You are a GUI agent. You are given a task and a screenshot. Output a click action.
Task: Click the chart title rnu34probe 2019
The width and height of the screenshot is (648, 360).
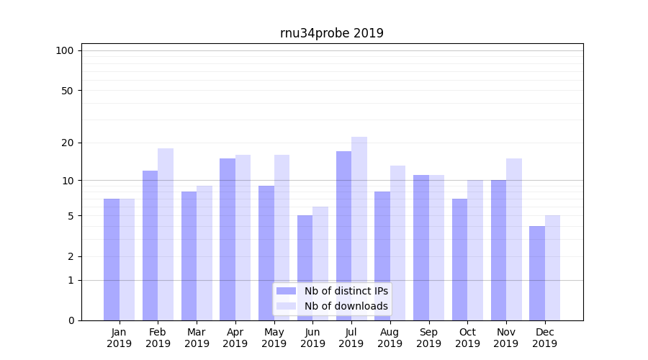point(331,33)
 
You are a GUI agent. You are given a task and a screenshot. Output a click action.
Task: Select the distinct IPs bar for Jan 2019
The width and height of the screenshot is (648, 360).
point(112,259)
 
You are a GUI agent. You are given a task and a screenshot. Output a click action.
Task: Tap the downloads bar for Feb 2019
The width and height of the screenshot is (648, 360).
point(166,234)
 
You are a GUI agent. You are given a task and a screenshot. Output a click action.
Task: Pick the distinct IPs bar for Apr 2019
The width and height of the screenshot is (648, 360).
point(228,239)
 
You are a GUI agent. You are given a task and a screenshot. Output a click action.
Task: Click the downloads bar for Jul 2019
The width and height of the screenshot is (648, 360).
point(359,228)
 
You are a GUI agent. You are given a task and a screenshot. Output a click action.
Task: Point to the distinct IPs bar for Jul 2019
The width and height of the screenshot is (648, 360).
point(343,235)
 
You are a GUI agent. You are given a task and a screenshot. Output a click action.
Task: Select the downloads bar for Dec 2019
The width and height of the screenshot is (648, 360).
point(552,268)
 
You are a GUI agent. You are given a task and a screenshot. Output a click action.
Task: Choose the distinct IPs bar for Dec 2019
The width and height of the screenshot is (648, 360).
point(537,273)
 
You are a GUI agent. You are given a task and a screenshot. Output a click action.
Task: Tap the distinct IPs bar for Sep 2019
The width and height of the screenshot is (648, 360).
point(421,248)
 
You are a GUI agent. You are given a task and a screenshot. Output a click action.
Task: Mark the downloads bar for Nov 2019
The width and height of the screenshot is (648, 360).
point(514,239)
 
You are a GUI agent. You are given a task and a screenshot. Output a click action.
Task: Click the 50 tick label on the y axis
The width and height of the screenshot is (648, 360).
point(67,91)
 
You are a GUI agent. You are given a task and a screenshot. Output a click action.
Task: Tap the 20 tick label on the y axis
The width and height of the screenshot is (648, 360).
point(67,143)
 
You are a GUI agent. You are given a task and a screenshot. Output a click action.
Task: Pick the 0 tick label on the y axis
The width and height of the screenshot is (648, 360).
point(71,320)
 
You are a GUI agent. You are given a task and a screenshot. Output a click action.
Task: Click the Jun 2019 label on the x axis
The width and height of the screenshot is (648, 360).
point(312,338)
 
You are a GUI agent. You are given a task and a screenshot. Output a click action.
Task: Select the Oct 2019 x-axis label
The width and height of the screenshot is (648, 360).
point(467,338)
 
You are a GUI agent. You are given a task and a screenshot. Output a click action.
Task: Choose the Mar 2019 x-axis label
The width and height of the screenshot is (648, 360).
point(197,338)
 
